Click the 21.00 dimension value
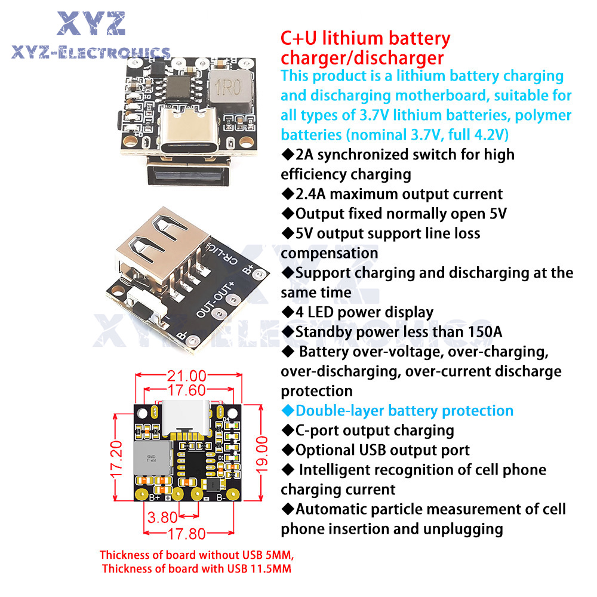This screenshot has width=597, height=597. (186, 376)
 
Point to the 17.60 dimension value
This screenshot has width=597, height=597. (186, 390)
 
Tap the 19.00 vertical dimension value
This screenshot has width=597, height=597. (262, 455)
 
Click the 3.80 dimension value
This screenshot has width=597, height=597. (162, 518)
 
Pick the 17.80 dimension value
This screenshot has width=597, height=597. (186, 534)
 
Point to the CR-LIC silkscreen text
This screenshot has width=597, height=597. (221, 254)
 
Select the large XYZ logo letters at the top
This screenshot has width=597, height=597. (91, 24)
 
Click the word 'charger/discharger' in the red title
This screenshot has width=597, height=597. (362, 58)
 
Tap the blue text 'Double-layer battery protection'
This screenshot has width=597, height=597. (404, 411)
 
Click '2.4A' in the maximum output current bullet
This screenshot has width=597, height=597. (310, 194)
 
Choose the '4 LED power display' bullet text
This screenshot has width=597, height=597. (364, 312)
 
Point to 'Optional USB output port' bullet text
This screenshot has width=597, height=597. (382, 450)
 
